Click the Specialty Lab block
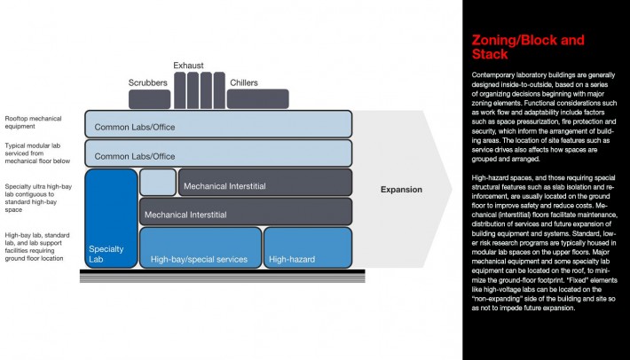(110, 218)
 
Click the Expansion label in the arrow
(401, 189)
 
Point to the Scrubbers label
(148, 82)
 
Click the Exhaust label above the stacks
(189, 65)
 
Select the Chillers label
(243, 82)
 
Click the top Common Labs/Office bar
(218, 124)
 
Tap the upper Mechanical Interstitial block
(264, 182)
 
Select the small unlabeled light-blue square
(157, 182)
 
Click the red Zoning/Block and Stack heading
(527, 47)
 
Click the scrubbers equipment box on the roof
(149, 98)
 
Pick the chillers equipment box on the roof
(257, 98)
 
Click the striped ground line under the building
(217, 276)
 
